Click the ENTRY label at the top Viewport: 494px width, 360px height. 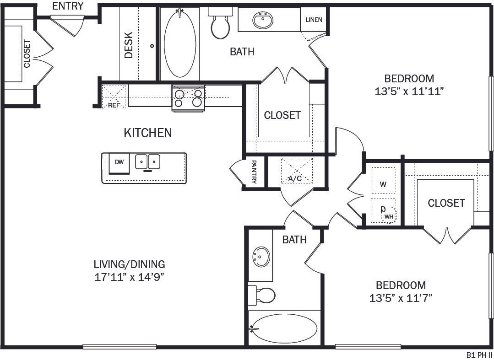(68, 6)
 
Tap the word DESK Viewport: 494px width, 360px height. (129, 45)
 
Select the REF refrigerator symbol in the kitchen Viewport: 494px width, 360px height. (114, 97)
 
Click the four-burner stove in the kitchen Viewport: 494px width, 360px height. (188, 98)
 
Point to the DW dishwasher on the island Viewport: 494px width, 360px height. (119, 162)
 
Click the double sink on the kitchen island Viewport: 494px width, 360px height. (148, 161)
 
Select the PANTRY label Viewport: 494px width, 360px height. (253, 172)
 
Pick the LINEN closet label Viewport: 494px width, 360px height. (314, 20)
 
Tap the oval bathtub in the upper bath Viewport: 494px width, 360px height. (180, 43)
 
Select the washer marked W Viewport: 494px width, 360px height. (383, 184)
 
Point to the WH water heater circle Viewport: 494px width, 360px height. (389, 215)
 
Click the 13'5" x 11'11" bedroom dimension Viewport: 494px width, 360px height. (409, 91)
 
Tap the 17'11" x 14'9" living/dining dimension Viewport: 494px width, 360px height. (129, 277)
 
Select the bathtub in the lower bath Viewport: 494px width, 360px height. (284, 328)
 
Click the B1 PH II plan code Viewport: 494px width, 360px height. (478, 355)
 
